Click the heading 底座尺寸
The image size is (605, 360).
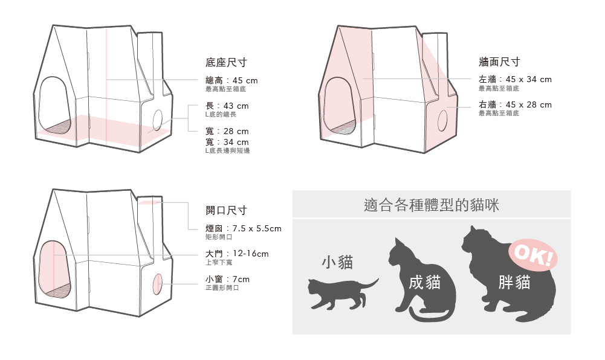tap(226, 63)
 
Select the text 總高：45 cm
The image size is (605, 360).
tap(231, 80)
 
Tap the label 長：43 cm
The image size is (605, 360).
tap(227, 106)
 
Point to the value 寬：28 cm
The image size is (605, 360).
tap(227, 131)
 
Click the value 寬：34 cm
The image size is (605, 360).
tap(227, 142)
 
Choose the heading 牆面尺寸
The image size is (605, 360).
tap(499, 62)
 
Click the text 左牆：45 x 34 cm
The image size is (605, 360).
tap(515, 79)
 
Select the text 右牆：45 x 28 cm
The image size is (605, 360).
tap(515, 104)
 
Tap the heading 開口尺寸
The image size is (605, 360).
tap(226, 210)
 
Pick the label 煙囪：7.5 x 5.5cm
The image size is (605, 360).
tap(244, 228)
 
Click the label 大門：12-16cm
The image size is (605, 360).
tap(237, 254)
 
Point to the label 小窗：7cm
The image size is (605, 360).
tap(227, 279)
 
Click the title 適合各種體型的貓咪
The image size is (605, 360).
tap(432, 205)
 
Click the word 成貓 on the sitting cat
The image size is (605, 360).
tap(424, 281)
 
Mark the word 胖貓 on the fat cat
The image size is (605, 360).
tap(514, 281)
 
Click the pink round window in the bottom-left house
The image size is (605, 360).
tap(158, 283)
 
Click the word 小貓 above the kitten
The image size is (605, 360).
tap(337, 262)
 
